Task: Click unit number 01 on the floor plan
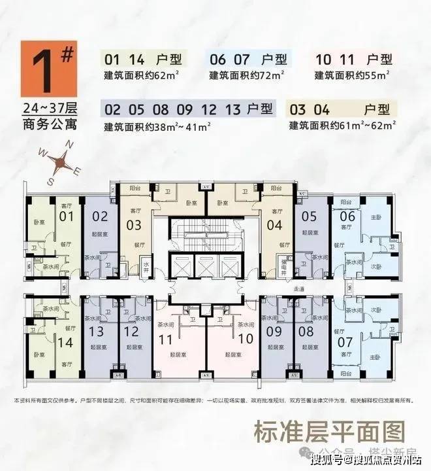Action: click(65, 216)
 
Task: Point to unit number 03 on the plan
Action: click(133, 226)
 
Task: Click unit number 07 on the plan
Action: click(345, 341)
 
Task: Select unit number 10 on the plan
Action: click(246, 339)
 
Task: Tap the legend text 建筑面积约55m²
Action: click(357, 75)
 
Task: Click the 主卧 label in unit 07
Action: click(374, 357)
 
